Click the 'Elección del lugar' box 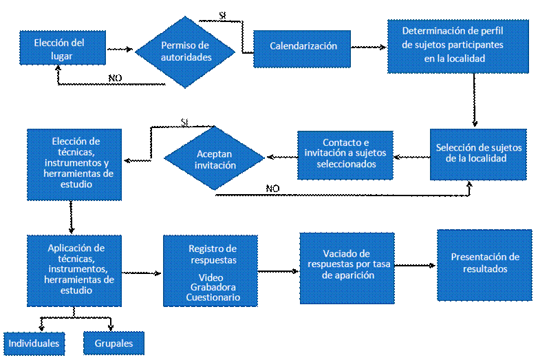click(63, 47)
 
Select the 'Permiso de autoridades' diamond click(185, 52)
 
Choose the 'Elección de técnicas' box click(74, 165)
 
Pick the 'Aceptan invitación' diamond click(214, 159)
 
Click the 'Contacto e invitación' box click(345, 155)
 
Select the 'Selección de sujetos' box click(478, 153)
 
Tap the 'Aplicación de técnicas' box click(74, 271)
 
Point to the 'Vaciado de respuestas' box click(347, 268)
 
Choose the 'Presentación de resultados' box click(484, 265)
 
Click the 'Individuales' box click(34, 343)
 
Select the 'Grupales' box click(114, 343)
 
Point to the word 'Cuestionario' click(213, 297)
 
